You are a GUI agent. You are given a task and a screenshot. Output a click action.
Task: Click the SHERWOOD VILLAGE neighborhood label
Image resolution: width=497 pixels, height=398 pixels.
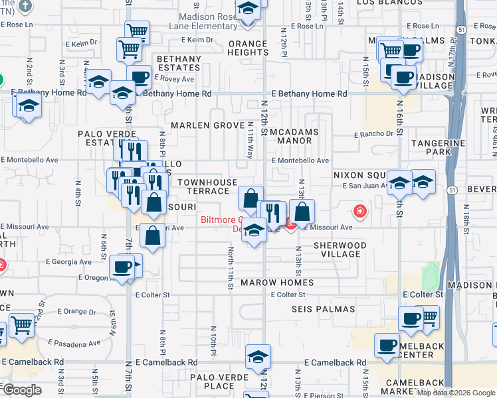pos(340,249)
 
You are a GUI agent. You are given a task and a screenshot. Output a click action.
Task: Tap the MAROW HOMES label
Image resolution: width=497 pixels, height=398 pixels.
pos(277,283)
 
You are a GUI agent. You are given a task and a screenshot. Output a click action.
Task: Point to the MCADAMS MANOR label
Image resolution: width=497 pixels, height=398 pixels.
pos(294,136)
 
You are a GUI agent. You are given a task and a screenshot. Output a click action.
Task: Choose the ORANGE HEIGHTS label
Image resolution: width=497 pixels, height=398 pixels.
pos(248,48)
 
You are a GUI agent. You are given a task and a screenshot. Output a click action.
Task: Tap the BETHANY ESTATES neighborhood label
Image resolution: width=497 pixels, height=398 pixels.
pos(179,64)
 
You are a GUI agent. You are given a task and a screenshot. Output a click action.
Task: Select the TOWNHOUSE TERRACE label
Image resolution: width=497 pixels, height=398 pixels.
pos(207,186)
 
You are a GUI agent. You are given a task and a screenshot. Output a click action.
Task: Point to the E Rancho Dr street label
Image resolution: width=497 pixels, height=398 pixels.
pos(373,134)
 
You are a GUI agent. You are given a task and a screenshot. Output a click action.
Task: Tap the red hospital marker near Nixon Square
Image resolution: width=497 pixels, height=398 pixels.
pos(359,212)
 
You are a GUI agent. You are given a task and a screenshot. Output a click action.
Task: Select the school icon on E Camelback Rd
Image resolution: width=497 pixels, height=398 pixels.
pos(258,356)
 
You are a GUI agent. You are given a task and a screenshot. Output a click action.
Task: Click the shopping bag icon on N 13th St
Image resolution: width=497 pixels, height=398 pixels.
pos(302,212)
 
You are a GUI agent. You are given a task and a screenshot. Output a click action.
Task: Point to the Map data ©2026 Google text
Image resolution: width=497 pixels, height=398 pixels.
pos(456,393)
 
